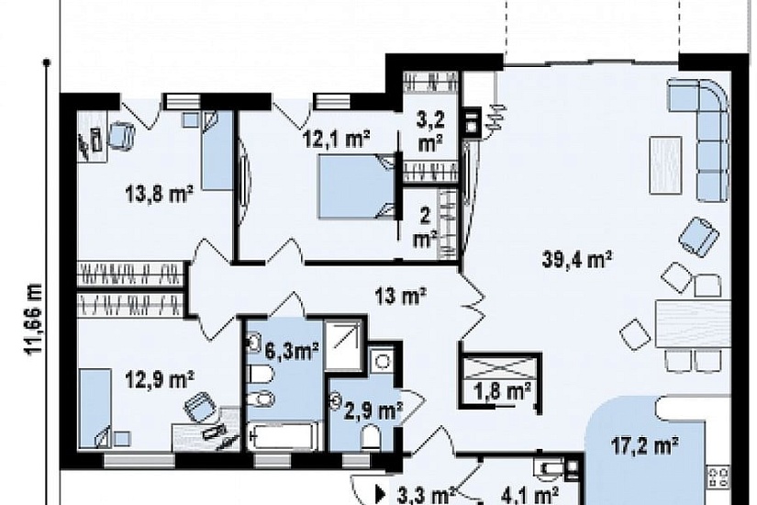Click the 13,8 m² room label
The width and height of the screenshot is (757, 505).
(159, 195)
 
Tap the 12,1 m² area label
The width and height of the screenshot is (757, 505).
(336, 140)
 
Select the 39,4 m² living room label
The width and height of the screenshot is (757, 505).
(577, 260)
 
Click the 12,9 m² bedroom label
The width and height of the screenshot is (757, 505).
(160, 379)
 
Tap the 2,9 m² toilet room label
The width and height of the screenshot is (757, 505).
(373, 411)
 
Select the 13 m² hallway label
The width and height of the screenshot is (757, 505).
(401, 296)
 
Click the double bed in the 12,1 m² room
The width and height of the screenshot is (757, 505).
(356, 186)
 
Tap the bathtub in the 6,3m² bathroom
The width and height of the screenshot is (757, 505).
(284, 437)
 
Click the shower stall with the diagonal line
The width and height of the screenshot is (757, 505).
(342, 343)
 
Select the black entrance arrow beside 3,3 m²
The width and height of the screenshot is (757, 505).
(381, 494)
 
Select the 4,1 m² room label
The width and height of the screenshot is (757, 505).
(529, 495)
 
